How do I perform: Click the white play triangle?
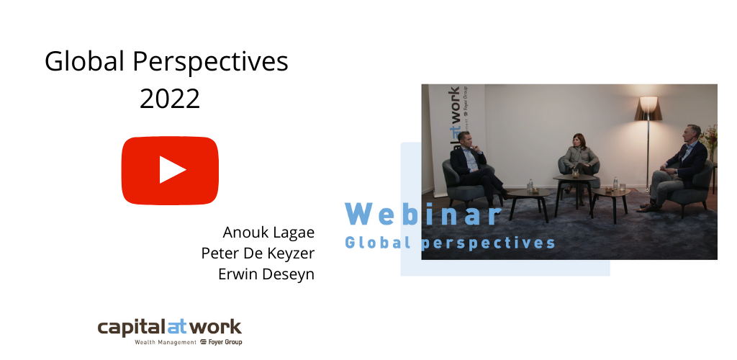pyautogui.click(x=172, y=170)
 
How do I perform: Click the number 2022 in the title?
pyautogui.click(x=170, y=99)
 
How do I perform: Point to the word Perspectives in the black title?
pyautogui.click(x=211, y=63)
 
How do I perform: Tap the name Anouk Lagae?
pyautogui.click(x=268, y=232)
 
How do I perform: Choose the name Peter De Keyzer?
pyautogui.click(x=258, y=253)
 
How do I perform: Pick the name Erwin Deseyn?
pyautogui.click(x=266, y=274)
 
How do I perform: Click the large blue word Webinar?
pyautogui.click(x=423, y=214)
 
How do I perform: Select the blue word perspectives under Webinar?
pyautogui.click(x=488, y=243)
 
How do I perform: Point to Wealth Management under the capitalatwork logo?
pyautogui.click(x=166, y=342)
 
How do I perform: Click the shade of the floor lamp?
pyautogui.click(x=648, y=109)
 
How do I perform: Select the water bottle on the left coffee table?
pyautogui.click(x=530, y=186)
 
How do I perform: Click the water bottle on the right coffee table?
pyautogui.click(x=615, y=184)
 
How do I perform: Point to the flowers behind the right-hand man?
pyautogui.click(x=710, y=139)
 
